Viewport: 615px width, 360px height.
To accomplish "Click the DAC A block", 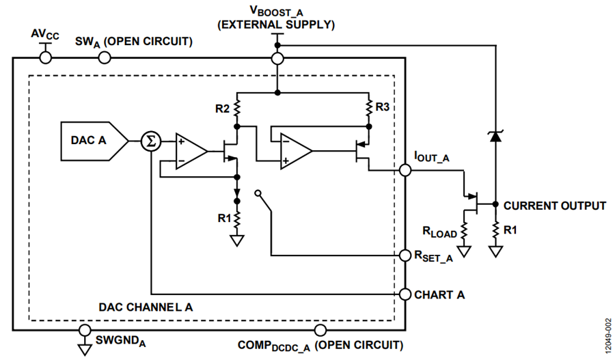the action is pos(94,141).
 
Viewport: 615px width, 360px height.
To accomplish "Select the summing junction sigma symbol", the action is pos(151,141).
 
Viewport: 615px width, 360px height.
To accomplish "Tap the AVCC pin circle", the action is pos(46,58).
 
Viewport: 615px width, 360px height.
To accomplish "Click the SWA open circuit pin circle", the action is pos(105,58).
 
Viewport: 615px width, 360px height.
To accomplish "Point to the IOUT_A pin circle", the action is pos(405,170).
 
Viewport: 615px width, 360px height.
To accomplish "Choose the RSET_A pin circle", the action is pos(405,255).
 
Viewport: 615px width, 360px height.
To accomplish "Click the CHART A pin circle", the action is pos(405,294).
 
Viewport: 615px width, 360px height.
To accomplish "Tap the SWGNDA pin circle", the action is pos(85,330).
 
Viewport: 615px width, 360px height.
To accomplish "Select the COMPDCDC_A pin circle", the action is pos(320,330).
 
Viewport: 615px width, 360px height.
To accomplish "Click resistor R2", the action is pos(237,109).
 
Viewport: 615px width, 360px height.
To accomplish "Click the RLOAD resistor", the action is pos(465,232).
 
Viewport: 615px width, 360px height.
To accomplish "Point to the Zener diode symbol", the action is pos(495,136).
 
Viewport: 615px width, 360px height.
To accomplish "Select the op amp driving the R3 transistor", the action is pos(296,151).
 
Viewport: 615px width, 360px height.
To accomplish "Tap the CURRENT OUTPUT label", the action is pos(555,206).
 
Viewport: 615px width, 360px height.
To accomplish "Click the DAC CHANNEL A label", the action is pos(146,307).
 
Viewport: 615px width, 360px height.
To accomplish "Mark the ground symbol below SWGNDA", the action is pos(85,348).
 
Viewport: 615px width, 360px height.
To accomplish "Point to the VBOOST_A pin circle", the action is pos(277,59).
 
